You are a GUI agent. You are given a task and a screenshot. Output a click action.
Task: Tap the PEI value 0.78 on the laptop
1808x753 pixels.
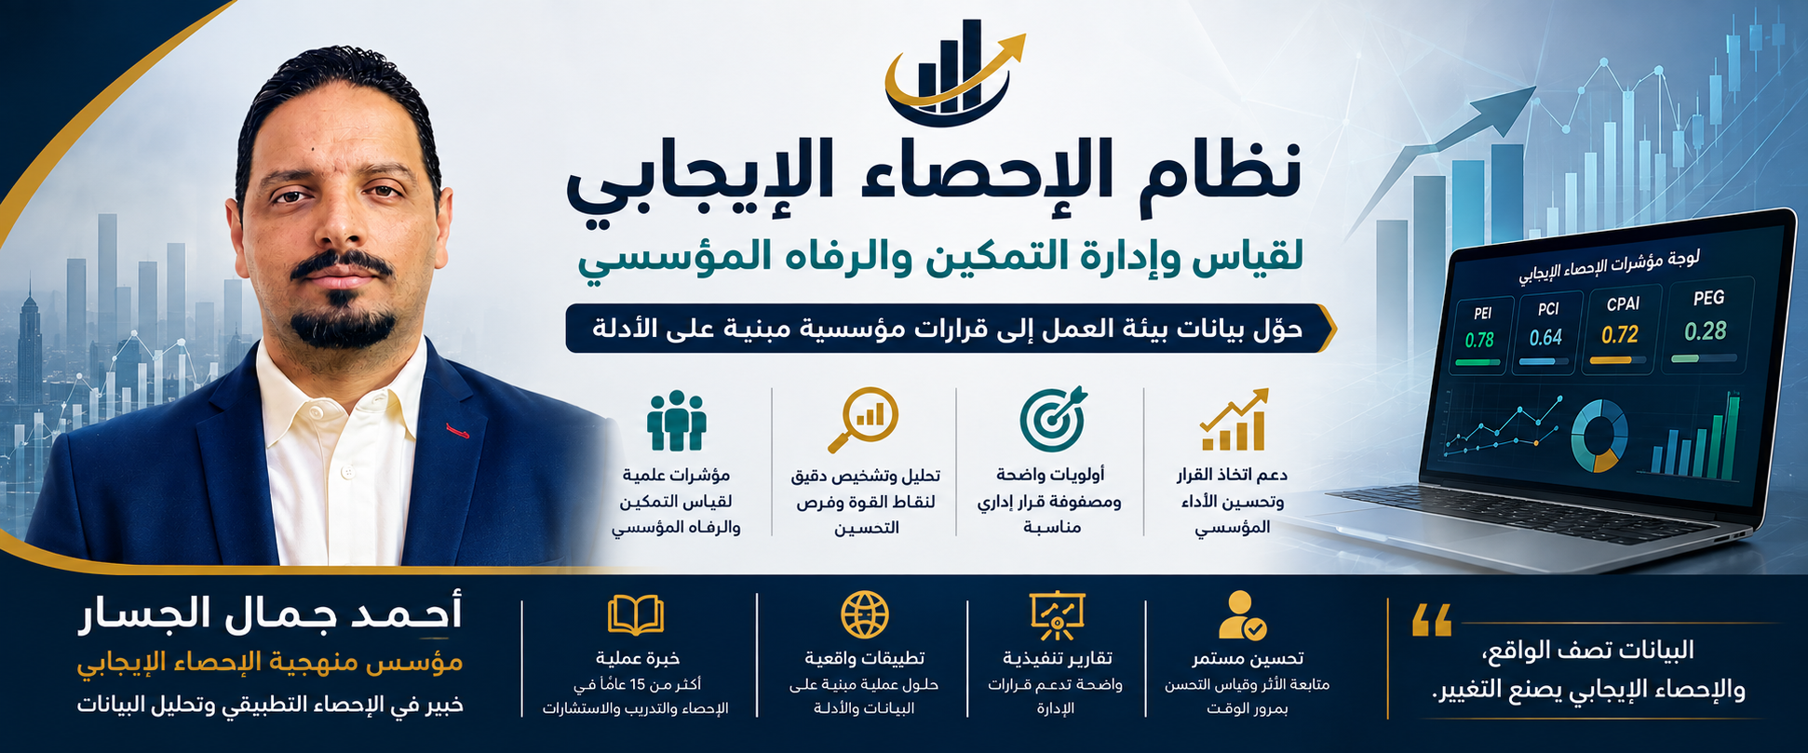click(x=1479, y=341)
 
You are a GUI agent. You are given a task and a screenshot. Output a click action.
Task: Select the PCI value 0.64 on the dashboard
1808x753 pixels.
click(x=1545, y=337)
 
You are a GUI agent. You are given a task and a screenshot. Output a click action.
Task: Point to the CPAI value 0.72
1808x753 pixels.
click(x=1620, y=334)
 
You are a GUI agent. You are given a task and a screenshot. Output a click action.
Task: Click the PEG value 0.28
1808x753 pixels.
click(x=1706, y=331)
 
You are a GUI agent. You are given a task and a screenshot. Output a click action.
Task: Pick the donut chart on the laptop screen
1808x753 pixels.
click(x=1599, y=436)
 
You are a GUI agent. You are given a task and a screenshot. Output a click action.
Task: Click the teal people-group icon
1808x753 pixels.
click(x=677, y=422)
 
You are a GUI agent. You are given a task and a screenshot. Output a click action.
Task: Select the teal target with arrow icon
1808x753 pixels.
click(x=1054, y=419)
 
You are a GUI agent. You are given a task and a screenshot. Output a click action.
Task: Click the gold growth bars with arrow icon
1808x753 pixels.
click(x=1235, y=420)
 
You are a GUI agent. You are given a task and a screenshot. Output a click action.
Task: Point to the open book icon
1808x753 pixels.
click(x=636, y=615)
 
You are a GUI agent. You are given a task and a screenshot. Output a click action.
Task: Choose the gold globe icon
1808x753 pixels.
click(x=865, y=615)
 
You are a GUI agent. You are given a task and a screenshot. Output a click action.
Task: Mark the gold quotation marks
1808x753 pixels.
click(x=1432, y=620)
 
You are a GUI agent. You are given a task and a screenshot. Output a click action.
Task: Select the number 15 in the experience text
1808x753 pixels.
click(x=638, y=685)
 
